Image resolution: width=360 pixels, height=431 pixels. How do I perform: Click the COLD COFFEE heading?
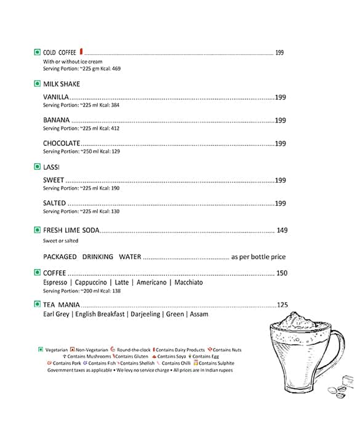[x=60, y=52]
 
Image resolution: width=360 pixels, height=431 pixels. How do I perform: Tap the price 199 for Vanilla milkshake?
[x=280, y=97]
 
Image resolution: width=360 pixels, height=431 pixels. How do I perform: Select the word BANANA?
[x=57, y=120]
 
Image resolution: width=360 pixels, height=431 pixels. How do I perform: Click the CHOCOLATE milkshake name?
[x=62, y=143]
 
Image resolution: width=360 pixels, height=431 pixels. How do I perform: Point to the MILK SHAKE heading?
[x=62, y=84]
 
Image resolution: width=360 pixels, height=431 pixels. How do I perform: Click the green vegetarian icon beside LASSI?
[x=37, y=167]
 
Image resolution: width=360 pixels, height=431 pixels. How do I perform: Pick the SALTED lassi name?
[x=55, y=203]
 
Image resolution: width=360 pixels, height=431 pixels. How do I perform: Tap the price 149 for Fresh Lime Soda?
[x=282, y=230]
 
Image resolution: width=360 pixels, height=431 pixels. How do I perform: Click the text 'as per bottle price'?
[x=258, y=257]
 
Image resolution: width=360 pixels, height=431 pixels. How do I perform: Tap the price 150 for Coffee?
[x=282, y=273]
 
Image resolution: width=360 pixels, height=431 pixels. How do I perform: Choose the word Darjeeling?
[x=145, y=314]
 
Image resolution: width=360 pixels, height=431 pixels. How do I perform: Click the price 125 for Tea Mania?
[x=282, y=305]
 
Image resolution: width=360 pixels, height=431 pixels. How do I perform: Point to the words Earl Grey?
[x=56, y=314]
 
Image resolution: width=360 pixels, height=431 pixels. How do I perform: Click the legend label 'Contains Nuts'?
[x=227, y=350]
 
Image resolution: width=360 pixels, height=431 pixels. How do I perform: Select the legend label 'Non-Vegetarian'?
[x=92, y=350]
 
